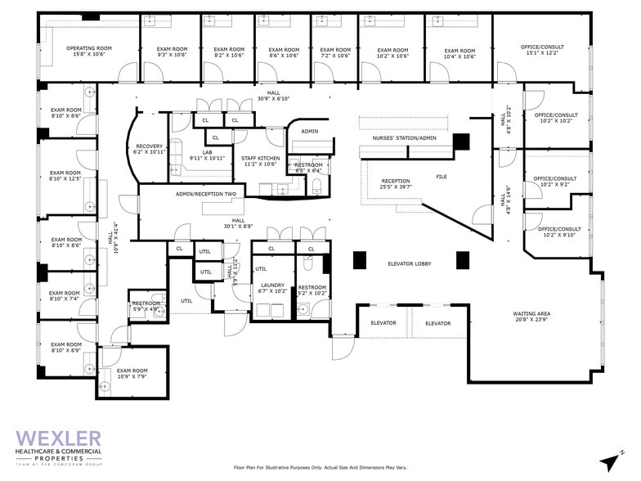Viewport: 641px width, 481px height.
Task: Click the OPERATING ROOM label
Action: [89, 48]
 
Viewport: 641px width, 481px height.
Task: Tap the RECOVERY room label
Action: [150, 147]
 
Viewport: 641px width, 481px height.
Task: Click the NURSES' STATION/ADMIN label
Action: [404, 138]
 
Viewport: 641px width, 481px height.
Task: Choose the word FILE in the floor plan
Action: [441, 177]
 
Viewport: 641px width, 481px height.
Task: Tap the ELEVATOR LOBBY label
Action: [410, 263]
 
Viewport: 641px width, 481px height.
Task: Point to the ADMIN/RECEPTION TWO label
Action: [205, 194]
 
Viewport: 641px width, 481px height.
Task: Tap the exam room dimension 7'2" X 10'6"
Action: [335, 56]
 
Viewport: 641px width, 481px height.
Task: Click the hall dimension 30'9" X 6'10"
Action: [273, 99]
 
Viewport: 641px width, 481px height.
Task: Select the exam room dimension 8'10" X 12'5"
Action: [65, 180]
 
